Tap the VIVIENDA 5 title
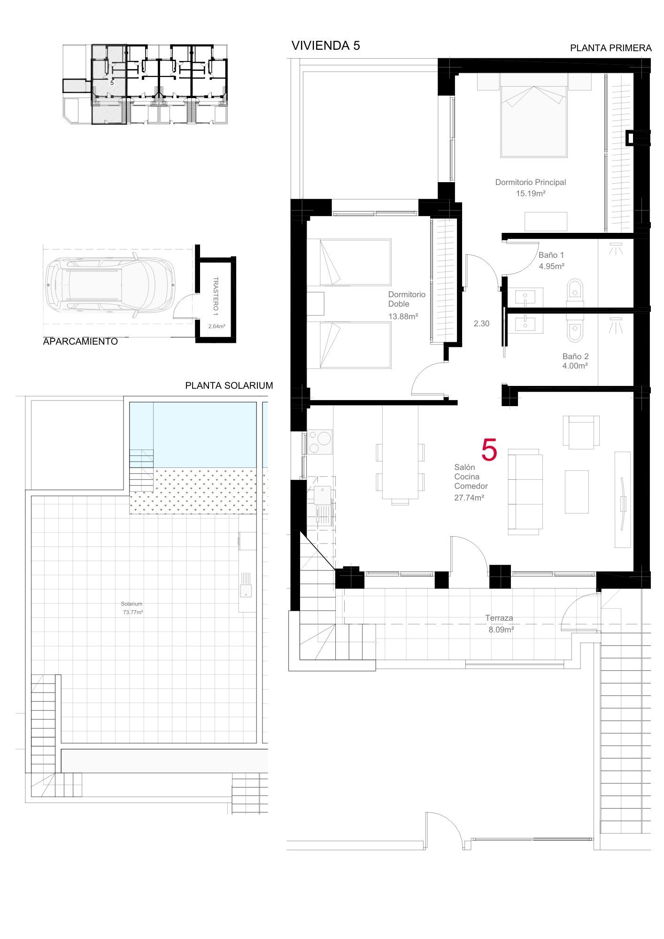point(326,46)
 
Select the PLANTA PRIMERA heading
point(610,48)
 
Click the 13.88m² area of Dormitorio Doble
point(403,316)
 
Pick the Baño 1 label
point(551,255)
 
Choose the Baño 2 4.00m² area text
point(575,361)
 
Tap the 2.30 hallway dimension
point(481,323)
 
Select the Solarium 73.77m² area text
point(132,608)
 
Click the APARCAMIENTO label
point(80,342)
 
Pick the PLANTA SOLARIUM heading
point(229,385)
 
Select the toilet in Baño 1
point(575,290)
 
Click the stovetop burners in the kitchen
point(320,442)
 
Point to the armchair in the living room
point(581,431)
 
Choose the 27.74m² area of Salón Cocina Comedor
point(469,498)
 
